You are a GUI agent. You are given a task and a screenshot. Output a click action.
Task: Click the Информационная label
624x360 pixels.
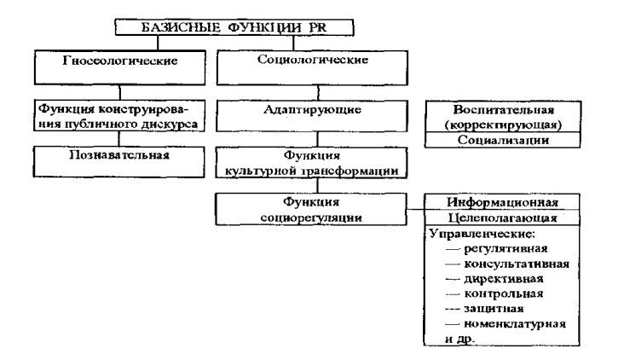pos(502,203)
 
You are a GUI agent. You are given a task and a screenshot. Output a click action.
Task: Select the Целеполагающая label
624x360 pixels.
pos(502,218)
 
